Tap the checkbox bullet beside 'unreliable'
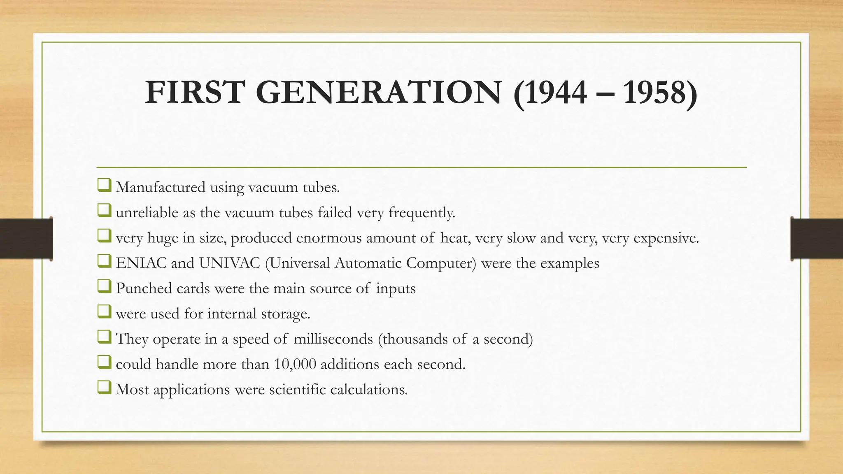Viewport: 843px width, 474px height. coord(104,211)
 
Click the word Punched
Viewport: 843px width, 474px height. coord(144,288)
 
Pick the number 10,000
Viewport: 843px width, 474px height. coord(295,365)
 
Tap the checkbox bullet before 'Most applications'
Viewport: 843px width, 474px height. coord(104,388)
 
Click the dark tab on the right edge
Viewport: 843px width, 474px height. coord(817,239)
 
